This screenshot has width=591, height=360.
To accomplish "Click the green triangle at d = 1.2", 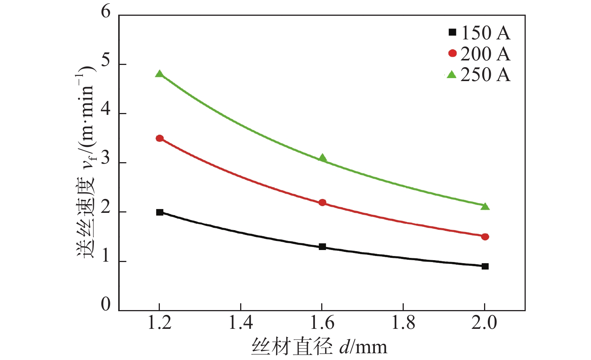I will (x=159, y=74).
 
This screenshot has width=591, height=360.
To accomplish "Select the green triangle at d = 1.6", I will (x=322, y=158).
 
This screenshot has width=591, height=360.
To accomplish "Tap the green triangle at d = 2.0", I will (x=485, y=206).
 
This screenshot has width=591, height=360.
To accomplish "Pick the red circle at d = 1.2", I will (x=159, y=138).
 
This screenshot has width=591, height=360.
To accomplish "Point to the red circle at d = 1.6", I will (x=322, y=203).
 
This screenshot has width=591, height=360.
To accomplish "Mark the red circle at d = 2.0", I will (x=485, y=236).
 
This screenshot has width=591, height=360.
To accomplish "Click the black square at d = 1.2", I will (x=159, y=212).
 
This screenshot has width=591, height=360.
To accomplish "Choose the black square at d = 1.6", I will (x=322, y=247).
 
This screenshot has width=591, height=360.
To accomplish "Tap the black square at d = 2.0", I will (x=485, y=266).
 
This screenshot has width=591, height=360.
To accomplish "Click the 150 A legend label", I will (x=486, y=33).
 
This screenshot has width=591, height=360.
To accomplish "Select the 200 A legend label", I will (x=486, y=54).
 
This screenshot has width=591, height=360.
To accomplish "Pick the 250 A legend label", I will (x=486, y=75).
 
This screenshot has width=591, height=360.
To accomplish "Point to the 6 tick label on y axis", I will (x=106, y=12).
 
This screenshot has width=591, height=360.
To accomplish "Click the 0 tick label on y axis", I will (x=106, y=304).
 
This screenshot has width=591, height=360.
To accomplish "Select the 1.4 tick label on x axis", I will (x=241, y=323).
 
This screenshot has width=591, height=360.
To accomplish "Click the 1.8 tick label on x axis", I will (x=403, y=323).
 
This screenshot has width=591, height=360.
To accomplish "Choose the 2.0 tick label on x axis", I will (x=484, y=323).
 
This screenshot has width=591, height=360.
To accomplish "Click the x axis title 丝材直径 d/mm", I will (x=319, y=346).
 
